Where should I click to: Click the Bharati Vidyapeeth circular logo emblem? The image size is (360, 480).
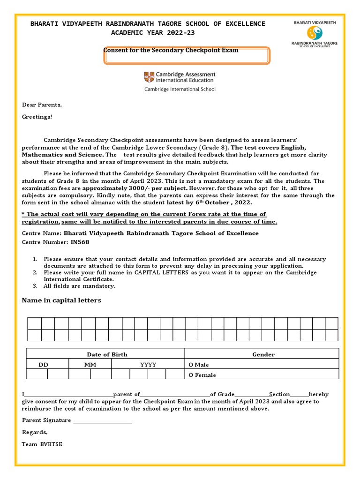[x=315, y=32]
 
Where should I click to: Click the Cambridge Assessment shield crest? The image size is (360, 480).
[x=149, y=77]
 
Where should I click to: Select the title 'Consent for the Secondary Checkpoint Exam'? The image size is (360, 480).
[x=171, y=50]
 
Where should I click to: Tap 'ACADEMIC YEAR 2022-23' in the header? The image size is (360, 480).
[x=152, y=32]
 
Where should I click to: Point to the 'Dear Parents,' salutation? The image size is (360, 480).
[x=42, y=105]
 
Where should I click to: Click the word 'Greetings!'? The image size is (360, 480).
[x=37, y=117]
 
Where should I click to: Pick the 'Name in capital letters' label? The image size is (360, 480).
[x=61, y=300]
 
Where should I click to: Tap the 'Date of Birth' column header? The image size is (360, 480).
[x=107, y=354]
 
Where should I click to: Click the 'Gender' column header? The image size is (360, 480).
[x=263, y=354]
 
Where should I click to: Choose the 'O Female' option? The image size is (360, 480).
[x=202, y=375]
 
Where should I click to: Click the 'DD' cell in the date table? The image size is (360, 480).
[x=43, y=365]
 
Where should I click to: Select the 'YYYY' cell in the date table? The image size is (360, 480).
[x=148, y=365]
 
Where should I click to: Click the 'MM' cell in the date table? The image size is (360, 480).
[x=90, y=365]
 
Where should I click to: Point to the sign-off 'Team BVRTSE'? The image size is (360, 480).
[x=42, y=444]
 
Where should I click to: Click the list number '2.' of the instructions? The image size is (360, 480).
[x=35, y=272]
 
